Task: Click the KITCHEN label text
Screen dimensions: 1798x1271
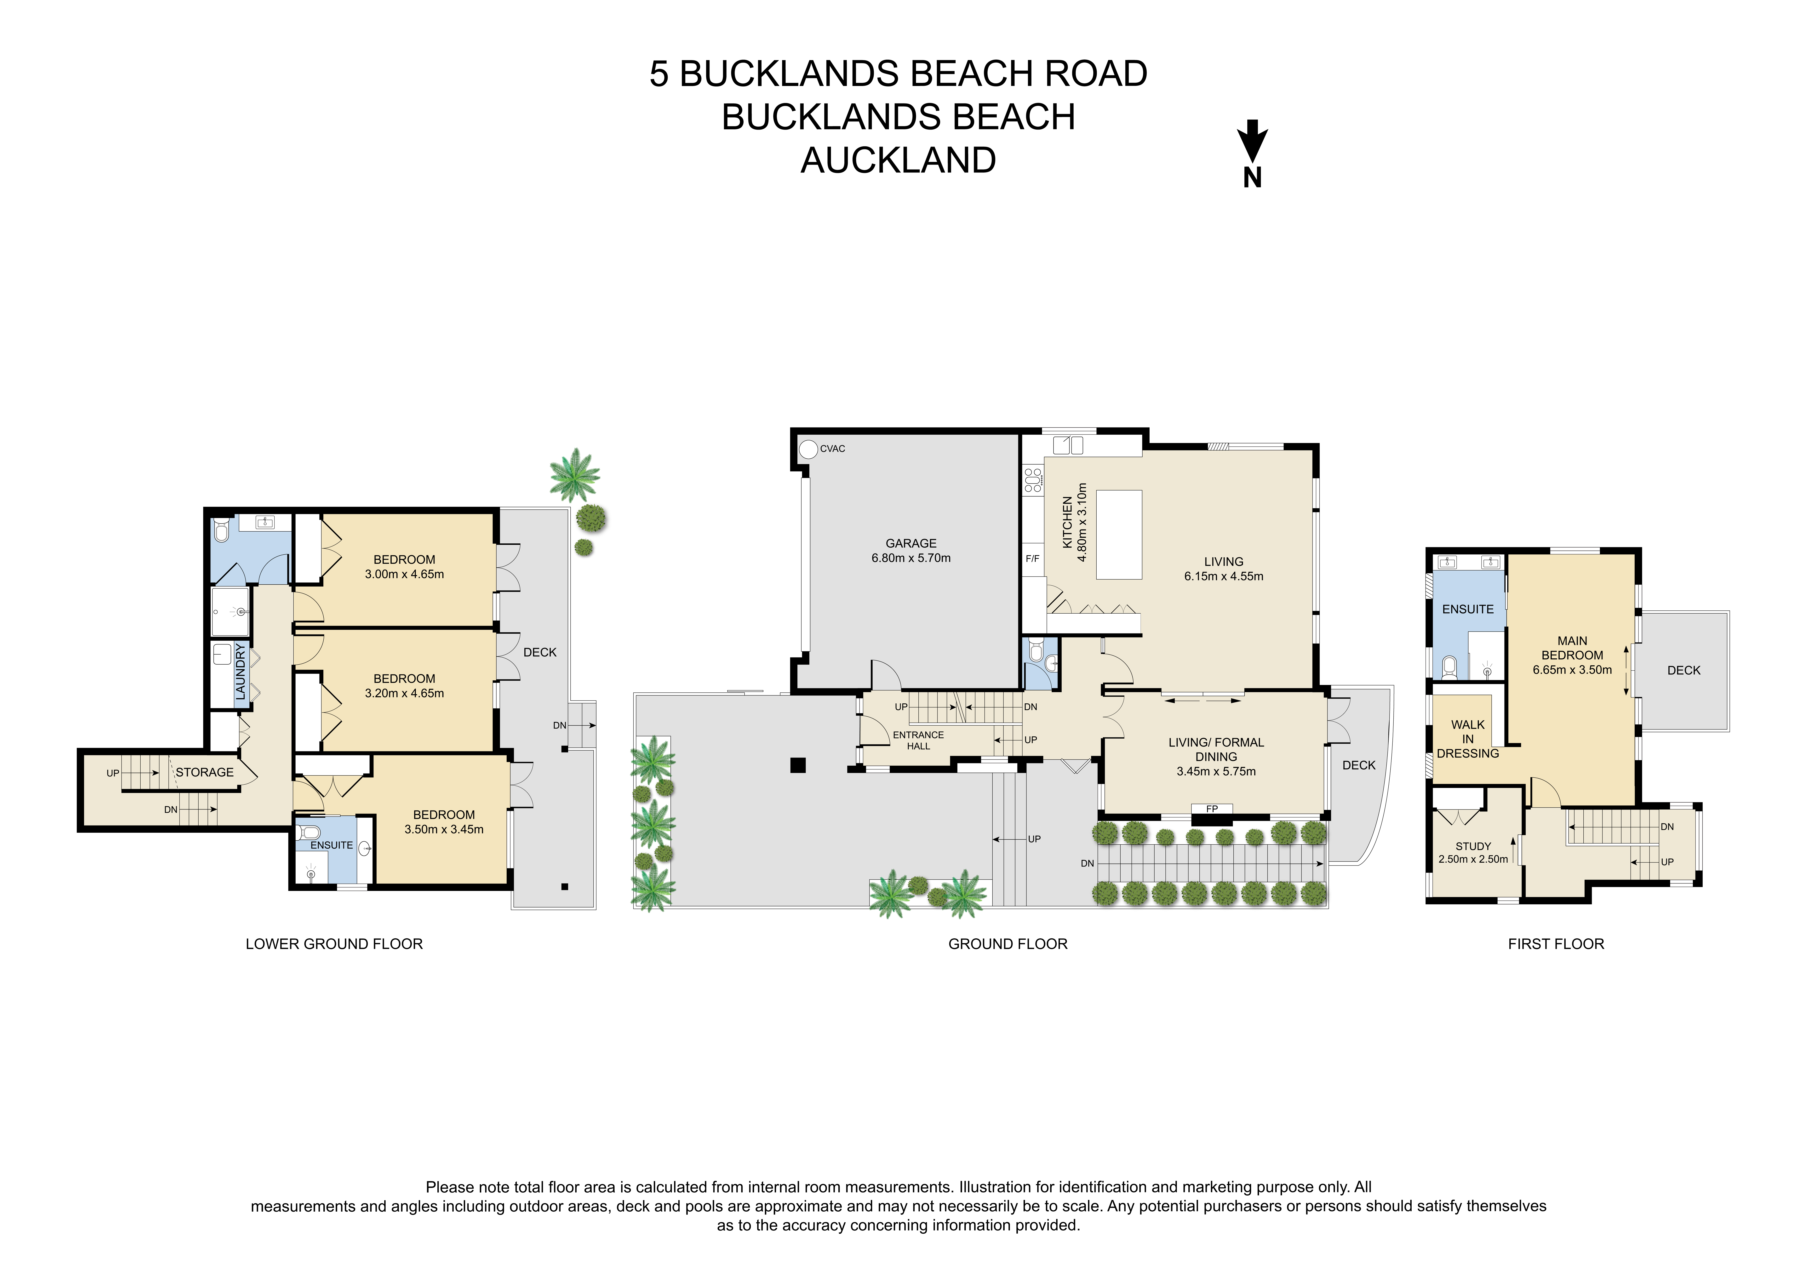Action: [1067, 522]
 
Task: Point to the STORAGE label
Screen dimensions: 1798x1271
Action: [204, 772]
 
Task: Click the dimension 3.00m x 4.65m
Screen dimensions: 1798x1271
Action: [404, 574]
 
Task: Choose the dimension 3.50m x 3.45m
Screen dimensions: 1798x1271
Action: [444, 829]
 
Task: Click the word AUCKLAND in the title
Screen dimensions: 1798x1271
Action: [898, 160]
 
